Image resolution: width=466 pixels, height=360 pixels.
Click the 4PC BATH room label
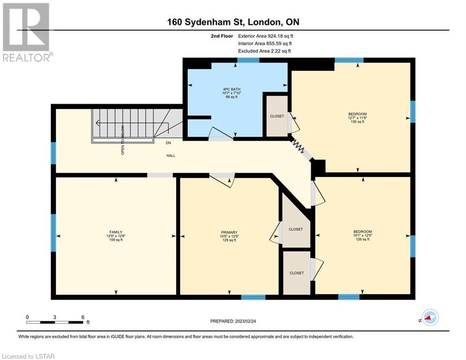pyautogui.click(x=231, y=89)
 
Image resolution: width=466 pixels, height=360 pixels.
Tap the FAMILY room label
pyautogui.click(x=116, y=232)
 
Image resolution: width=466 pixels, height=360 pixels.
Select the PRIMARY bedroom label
pyautogui.click(x=229, y=232)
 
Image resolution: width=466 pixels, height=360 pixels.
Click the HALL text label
pyautogui.click(x=170, y=156)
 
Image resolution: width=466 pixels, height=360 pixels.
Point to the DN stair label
pyautogui.click(x=168, y=143)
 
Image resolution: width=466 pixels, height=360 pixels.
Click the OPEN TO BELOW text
pyautogui.click(x=123, y=140)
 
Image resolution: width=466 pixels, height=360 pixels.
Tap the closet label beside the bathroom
pyautogui.click(x=277, y=116)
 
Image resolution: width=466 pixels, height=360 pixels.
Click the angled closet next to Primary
pyautogui.click(x=296, y=229)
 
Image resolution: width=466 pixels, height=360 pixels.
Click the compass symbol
pyautogui.click(x=430, y=317)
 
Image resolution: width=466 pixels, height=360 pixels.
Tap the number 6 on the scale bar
pyautogui.click(x=83, y=317)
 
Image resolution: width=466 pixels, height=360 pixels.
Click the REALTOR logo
pyautogui.click(x=26, y=32)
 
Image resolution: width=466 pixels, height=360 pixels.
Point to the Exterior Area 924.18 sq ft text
pyautogui.click(x=266, y=36)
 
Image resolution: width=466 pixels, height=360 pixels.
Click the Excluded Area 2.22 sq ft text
pyautogui.click(x=264, y=51)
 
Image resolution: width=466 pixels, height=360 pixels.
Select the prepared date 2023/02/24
pyautogui.click(x=245, y=321)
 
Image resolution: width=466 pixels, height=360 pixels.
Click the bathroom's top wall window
pyautogui.click(x=248, y=60)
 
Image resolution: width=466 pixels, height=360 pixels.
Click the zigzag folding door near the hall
pyautogui.click(x=298, y=146)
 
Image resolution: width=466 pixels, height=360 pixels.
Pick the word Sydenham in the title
pyautogui.click(x=214, y=22)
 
